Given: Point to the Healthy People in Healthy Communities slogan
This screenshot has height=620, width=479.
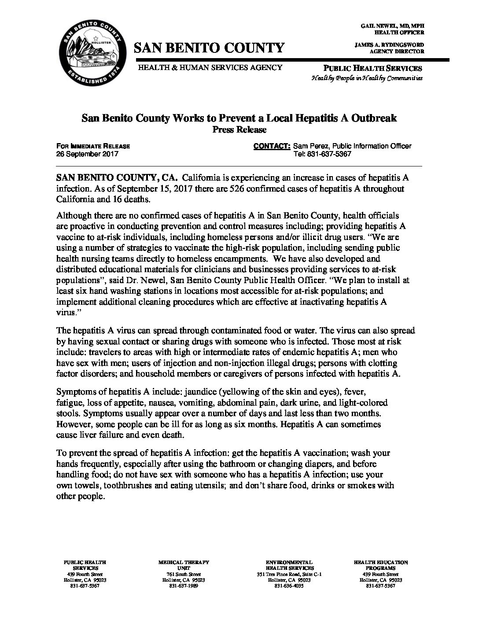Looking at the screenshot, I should point(367,78).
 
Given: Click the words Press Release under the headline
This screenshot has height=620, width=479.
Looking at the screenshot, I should point(239,129).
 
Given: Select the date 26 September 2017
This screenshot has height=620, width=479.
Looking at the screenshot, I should point(87,154).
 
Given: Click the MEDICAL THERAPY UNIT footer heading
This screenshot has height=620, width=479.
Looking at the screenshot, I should point(183,565).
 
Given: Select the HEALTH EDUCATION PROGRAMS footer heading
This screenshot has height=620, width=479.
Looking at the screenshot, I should point(380,565).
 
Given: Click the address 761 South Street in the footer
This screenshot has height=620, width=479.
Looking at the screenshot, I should point(183,575).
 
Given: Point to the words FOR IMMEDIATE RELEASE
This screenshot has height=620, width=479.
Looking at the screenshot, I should point(93,146).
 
